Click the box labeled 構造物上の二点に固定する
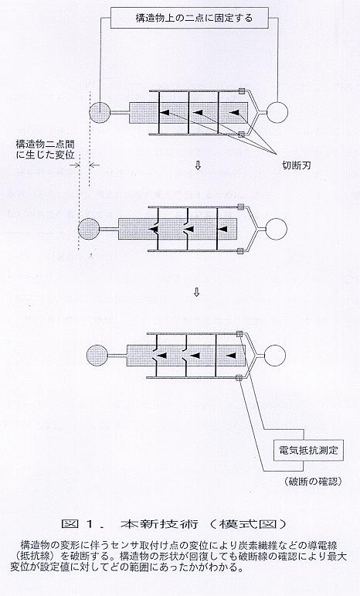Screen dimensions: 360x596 pos(194,18)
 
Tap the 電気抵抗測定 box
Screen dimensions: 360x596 pos(308,451)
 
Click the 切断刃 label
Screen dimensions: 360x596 pos(296,165)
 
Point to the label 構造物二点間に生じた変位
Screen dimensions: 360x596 pos(45,149)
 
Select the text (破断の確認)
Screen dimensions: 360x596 pos(313,482)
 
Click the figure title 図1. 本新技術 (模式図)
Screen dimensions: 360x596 pos(174,524)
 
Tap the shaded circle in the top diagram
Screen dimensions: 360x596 pos(100,112)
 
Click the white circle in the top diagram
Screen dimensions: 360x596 pos(277,113)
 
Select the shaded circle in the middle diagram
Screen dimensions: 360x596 pos(89,229)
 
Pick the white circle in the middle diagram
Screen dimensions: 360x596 pos(276,229)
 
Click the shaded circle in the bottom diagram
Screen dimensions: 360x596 pos(97,356)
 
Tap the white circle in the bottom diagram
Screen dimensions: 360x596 pos(274,355)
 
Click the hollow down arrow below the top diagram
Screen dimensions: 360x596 pos(197,165)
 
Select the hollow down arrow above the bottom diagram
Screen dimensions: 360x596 pos(196,292)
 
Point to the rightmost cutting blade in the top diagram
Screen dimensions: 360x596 pos(234,113)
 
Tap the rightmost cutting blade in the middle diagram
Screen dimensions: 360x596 pos(223,230)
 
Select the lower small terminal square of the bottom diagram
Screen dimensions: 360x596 pos(239,377)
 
